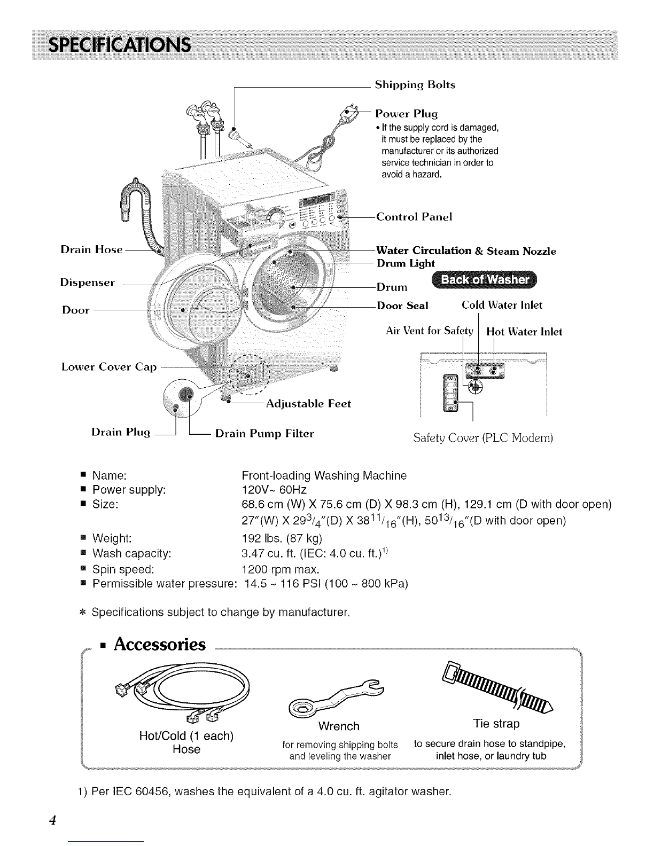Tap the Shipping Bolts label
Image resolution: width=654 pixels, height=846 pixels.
coord(415,85)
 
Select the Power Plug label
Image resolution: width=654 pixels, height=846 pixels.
coord(406,114)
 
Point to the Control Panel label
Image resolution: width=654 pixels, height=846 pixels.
coord(414,216)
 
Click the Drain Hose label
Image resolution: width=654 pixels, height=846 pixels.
coord(91,249)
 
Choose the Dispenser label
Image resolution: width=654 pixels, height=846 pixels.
coord(88,283)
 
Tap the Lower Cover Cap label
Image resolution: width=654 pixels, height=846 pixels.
coord(108,367)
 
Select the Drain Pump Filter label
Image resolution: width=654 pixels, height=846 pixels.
coord(264,433)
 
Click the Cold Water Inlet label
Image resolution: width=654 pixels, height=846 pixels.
coord(502,305)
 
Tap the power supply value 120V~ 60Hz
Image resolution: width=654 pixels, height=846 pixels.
coord(274,489)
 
